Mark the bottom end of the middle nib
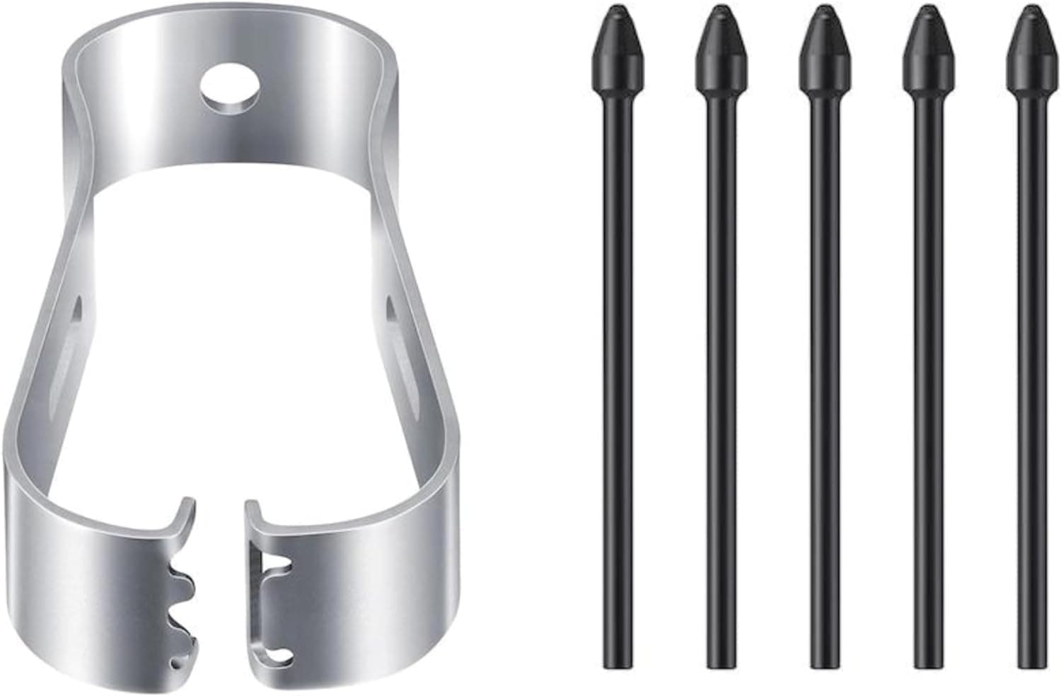(x=823, y=661)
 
